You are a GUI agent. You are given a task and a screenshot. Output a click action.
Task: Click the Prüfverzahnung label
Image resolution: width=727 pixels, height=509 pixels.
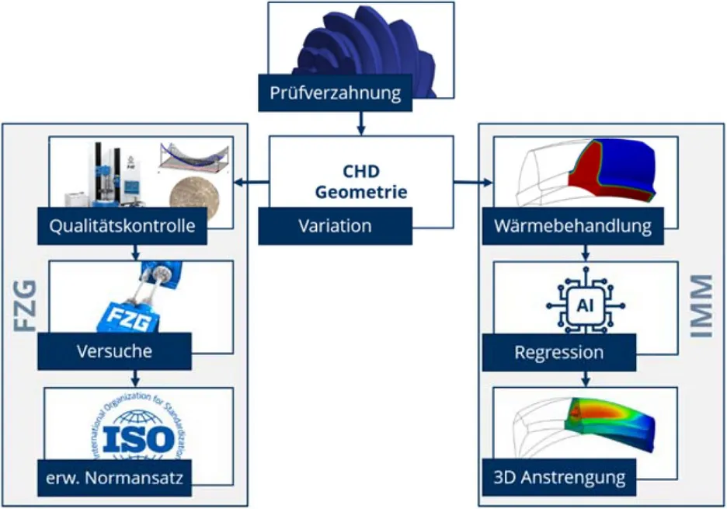336,95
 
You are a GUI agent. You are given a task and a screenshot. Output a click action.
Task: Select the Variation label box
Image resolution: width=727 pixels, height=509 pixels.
336,227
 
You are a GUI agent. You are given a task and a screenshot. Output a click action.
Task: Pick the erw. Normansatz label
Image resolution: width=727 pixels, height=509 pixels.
114,478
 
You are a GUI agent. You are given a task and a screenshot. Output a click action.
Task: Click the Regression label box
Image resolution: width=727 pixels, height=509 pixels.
558,352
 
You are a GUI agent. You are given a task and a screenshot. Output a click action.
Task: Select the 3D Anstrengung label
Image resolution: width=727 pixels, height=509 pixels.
558,476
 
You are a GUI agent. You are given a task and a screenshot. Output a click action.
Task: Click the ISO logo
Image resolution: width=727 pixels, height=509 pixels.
140,436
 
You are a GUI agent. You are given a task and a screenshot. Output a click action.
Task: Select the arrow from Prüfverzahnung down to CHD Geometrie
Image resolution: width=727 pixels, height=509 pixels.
360,122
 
